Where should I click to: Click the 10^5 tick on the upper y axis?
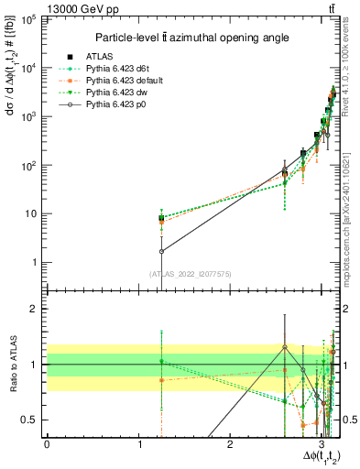(31, 19)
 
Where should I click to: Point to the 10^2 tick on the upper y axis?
(31, 166)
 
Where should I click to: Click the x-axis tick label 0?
(47, 445)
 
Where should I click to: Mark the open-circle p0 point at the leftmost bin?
(161, 251)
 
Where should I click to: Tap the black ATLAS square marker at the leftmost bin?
(161, 218)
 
